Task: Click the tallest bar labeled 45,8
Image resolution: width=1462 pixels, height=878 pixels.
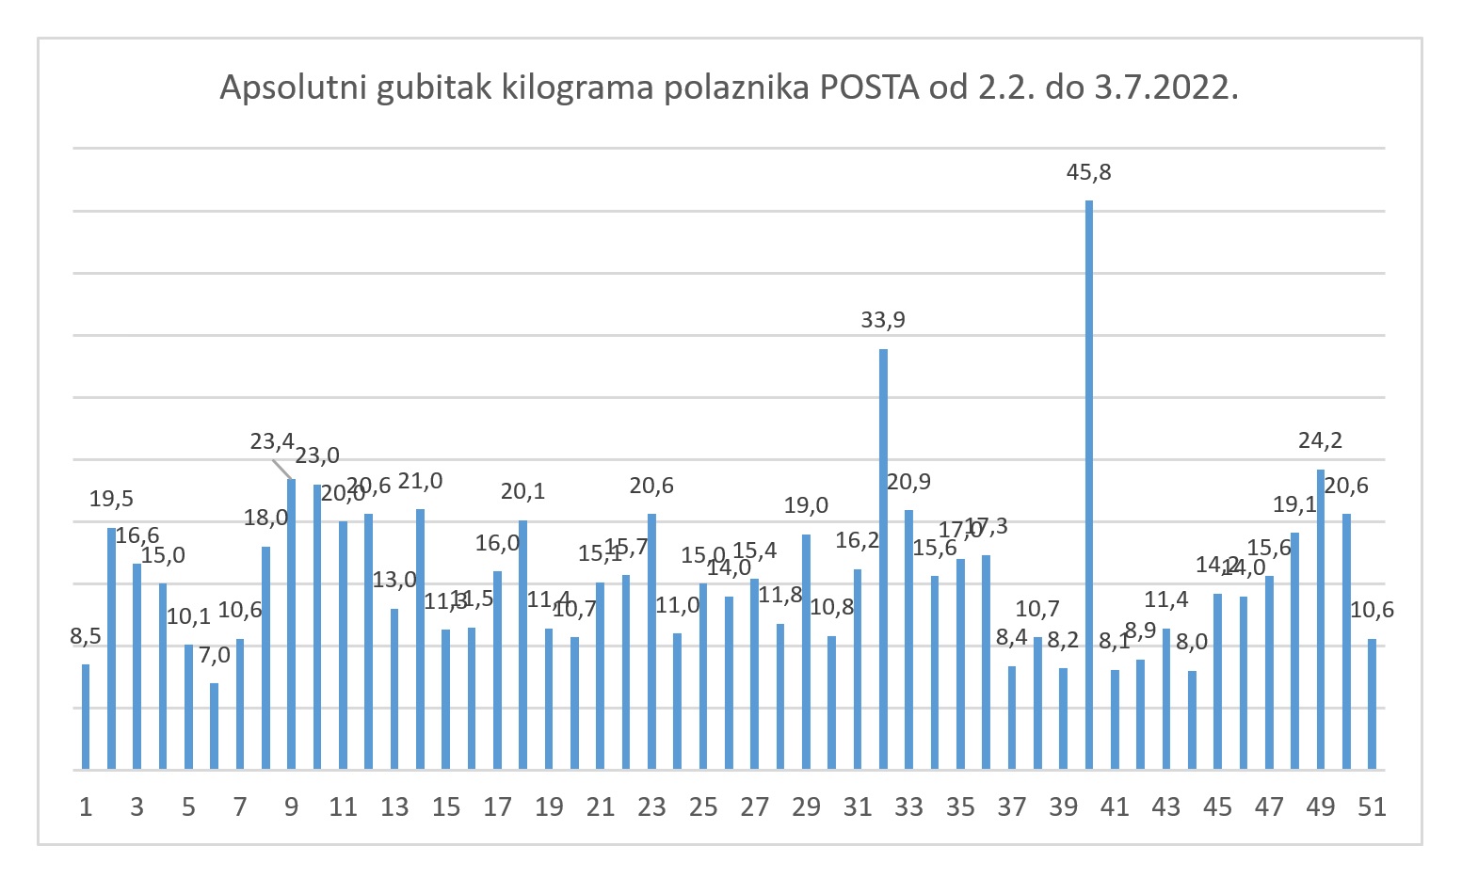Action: pyautogui.click(x=1089, y=485)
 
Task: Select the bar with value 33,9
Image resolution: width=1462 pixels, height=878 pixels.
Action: pyautogui.click(x=883, y=559)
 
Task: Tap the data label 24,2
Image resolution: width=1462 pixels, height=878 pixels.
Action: pyautogui.click(x=1320, y=440)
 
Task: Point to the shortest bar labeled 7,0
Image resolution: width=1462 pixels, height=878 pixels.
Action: pyautogui.click(x=215, y=726)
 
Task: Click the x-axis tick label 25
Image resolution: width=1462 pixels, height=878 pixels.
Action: pyautogui.click(x=703, y=807)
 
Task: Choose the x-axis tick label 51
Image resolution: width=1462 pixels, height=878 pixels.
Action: pyautogui.click(x=1372, y=807)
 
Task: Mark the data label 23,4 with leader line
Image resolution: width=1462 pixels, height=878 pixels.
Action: pyautogui.click(x=272, y=441)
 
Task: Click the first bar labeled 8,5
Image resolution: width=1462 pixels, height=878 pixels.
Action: pyautogui.click(x=86, y=717)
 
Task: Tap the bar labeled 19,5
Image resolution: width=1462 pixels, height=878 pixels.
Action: pyautogui.click(x=111, y=648)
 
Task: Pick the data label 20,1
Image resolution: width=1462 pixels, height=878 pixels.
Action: pyautogui.click(x=522, y=491)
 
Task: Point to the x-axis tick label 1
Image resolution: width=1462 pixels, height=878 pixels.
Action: pyautogui.click(x=86, y=807)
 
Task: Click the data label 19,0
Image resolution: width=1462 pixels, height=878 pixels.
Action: pyautogui.click(x=806, y=505)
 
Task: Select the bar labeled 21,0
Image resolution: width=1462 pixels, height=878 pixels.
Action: pyautogui.click(x=420, y=639)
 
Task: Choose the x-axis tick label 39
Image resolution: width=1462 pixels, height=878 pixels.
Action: pyautogui.click(x=1063, y=807)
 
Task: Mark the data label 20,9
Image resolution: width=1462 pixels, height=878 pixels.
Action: pyautogui.click(x=908, y=482)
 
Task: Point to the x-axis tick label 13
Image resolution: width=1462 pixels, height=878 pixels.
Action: pyautogui.click(x=394, y=807)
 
